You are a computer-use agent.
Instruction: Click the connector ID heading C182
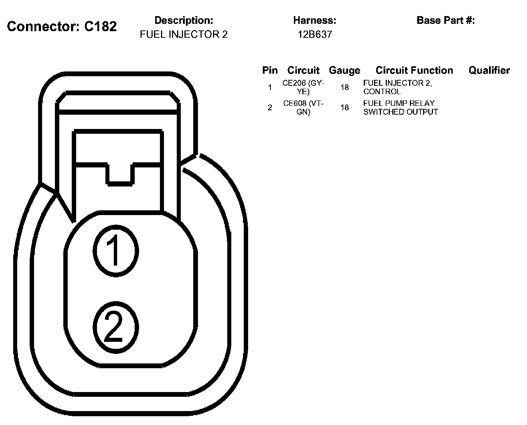62,26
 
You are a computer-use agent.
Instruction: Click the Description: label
184,20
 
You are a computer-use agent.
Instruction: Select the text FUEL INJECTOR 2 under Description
184,34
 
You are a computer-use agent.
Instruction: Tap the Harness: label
314,20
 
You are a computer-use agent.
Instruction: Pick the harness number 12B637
314,34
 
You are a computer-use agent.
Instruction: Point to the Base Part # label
445,20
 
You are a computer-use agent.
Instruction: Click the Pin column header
270,70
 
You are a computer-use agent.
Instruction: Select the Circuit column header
303,70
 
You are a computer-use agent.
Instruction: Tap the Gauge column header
344,70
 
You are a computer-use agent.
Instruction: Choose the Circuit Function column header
414,70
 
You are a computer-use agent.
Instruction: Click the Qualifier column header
489,70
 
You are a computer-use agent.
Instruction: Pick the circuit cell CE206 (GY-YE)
303,87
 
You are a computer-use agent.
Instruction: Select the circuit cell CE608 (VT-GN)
303,108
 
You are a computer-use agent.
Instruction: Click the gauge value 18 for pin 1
344,88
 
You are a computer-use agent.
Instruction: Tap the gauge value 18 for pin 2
344,108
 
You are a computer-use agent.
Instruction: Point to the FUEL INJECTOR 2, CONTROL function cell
397,87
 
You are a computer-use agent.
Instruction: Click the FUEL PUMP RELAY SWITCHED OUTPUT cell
400,108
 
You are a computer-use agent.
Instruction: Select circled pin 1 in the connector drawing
116,251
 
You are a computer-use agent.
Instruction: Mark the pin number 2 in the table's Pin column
270,108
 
